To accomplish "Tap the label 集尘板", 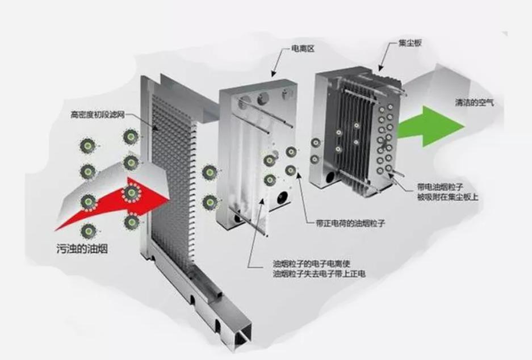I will [x=401, y=44].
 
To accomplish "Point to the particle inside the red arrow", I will [x=132, y=195].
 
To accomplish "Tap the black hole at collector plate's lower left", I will [x=330, y=179].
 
